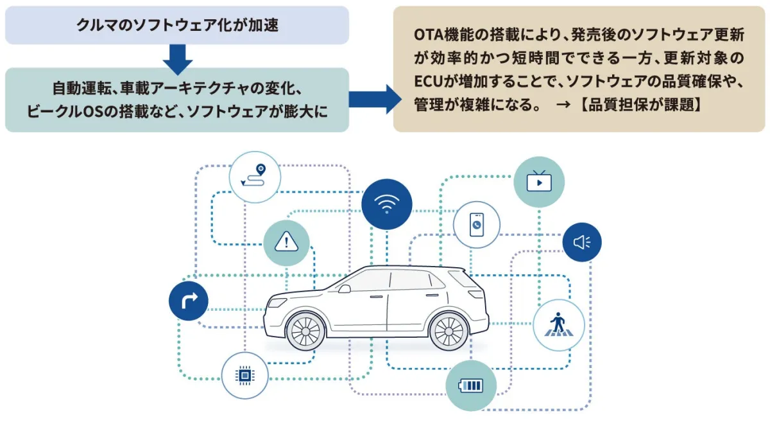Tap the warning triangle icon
click(286, 243)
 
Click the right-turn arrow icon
click(189, 301)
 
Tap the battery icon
click(471, 385)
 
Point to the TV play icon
click(539, 182)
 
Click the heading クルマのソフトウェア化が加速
click(177, 25)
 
